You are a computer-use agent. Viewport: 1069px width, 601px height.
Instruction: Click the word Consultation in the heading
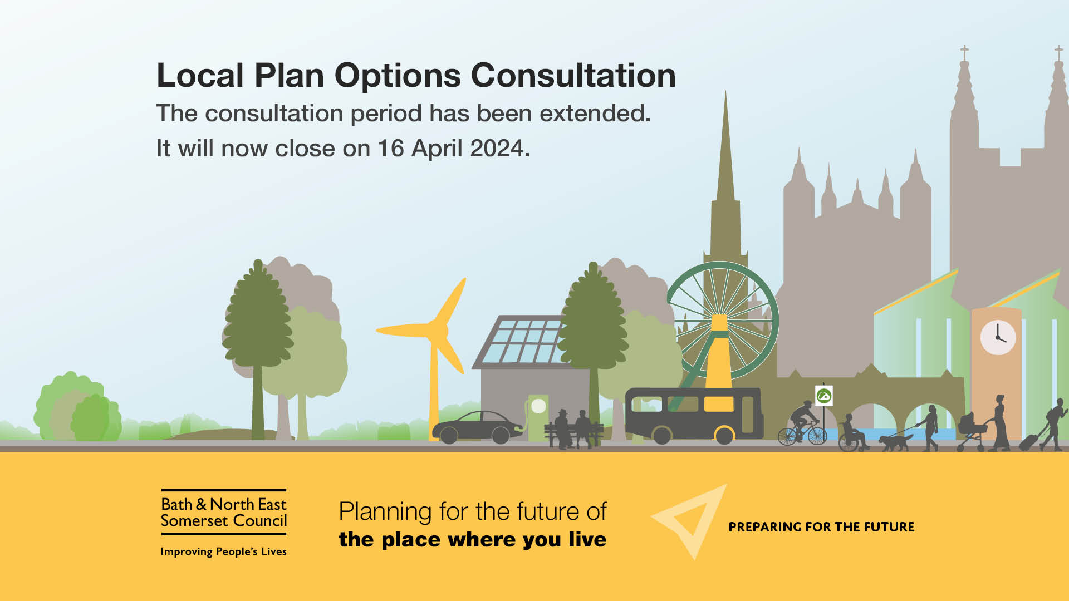[573, 75]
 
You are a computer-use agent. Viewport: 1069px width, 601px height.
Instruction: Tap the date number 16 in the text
[390, 149]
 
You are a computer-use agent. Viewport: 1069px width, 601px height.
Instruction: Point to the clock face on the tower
[998, 337]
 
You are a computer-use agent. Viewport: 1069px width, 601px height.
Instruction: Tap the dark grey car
[478, 427]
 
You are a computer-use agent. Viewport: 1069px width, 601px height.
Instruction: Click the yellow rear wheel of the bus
[724, 435]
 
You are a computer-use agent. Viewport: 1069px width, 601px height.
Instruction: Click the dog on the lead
[894, 442]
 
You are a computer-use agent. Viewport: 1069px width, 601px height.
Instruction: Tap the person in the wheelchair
[852, 433]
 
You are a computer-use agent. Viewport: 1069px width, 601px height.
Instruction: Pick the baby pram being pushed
[971, 431]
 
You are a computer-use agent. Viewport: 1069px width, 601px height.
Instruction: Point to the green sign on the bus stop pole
[823, 396]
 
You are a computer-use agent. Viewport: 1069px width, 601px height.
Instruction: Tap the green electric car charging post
[538, 417]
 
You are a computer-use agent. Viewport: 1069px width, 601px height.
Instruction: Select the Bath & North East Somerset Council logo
[224, 512]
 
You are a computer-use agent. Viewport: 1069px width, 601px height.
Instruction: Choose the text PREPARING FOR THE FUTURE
[821, 527]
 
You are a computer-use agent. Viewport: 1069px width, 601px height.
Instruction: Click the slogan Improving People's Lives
[224, 551]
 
